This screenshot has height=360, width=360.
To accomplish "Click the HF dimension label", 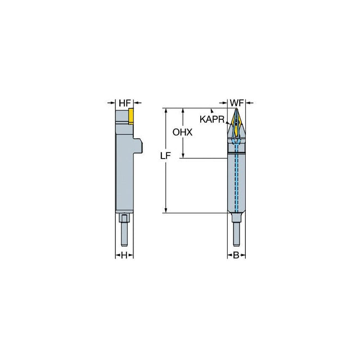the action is click(x=125, y=103).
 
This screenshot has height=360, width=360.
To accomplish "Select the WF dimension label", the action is click(x=236, y=103).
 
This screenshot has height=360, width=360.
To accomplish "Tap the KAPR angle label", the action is click(x=211, y=119).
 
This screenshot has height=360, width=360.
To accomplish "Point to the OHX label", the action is click(x=182, y=132).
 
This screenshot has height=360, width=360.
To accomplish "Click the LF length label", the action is click(x=165, y=156).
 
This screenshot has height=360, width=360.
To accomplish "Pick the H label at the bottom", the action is click(x=124, y=255).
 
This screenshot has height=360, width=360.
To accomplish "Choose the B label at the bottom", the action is click(x=236, y=255).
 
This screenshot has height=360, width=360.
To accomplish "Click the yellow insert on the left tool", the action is click(x=131, y=116).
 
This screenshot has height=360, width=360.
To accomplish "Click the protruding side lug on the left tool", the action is click(x=137, y=146).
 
